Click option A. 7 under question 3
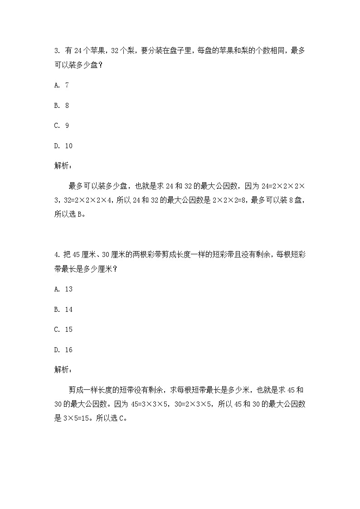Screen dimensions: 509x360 pyautogui.click(x=61, y=85)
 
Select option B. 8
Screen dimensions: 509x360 pyautogui.click(x=61, y=106)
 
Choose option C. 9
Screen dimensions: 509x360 pyautogui.click(x=61, y=126)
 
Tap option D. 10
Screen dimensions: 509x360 pyautogui.click(x=63, y=146)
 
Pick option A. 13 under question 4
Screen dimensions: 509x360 pyautogui.click(x=63, y=289)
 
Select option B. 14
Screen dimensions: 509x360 pyautogui.click(x=63, y=310)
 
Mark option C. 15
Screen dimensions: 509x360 pyautogui.click(x=63, y=330)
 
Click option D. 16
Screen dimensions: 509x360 pyautogui.click(x=63, y=350)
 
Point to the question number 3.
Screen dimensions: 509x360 pyautogui.click(x=56, y=51)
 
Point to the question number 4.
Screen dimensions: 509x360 pyautogui.click(x=56, y=255)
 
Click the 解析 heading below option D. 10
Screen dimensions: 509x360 pyautogui.click(x=62, y=166)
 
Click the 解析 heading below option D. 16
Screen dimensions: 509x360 pyautogui.click(x=62, y=370)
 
